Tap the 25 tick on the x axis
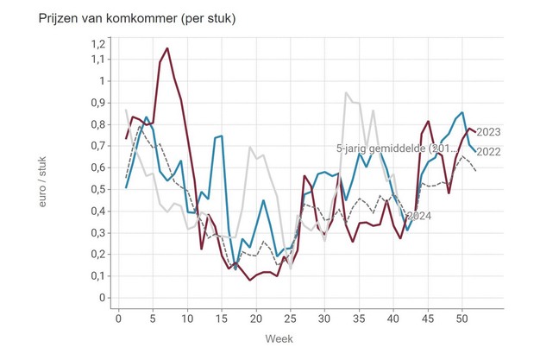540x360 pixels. pyautogui.click(x=290, y=317)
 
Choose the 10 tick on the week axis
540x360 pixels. pyautogui.click(x=187, y=317)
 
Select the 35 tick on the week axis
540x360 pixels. pyautogui.click(x=358, y=317)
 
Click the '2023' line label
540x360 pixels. pyautogui.click(x=489, y=132)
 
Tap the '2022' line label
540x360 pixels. pyautogui.click(x=489, y=153)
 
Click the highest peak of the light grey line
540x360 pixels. pyautogui.click(x=345, y=92)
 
